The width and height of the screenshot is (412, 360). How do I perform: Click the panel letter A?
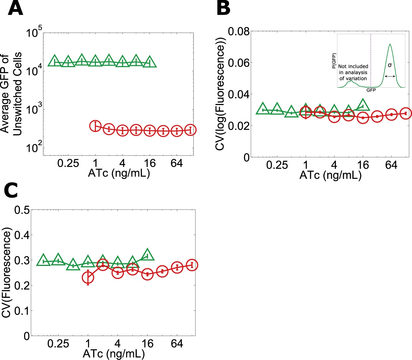15,9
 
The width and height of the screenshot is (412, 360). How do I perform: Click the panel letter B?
223,9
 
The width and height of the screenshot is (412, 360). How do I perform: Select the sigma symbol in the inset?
390,65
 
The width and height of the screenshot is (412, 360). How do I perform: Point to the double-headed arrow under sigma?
390,76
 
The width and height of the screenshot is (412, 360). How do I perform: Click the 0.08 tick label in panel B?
239,31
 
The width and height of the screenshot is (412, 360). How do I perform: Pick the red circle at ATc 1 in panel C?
88,278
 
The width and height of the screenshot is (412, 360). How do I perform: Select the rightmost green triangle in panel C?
147,255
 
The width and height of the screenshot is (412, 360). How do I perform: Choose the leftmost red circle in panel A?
95,126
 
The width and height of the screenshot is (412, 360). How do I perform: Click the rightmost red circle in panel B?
406,113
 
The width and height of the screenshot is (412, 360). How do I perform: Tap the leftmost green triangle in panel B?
263,109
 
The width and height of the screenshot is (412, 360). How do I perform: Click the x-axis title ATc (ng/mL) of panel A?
119,173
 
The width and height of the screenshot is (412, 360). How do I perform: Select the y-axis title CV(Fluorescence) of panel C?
6,273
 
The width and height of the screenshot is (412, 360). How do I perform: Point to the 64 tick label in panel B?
391,165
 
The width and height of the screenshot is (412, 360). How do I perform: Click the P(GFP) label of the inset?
334,61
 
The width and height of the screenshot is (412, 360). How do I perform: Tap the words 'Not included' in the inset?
353,67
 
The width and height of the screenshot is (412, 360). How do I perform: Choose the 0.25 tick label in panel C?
58,344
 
